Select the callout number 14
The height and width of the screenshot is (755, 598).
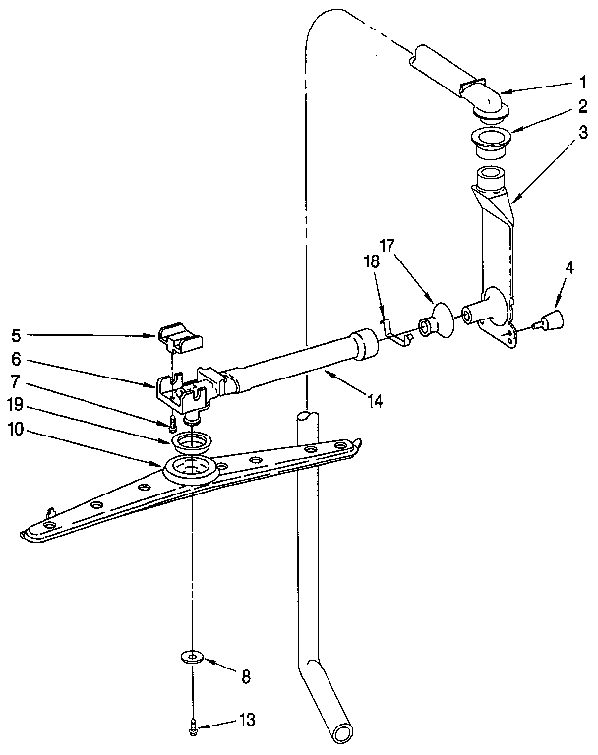tap(375, 401)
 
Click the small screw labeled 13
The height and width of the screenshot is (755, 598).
tap(193, 727)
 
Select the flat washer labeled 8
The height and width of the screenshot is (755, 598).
tap(192, 655)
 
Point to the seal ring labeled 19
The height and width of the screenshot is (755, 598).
tap(191, 437)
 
